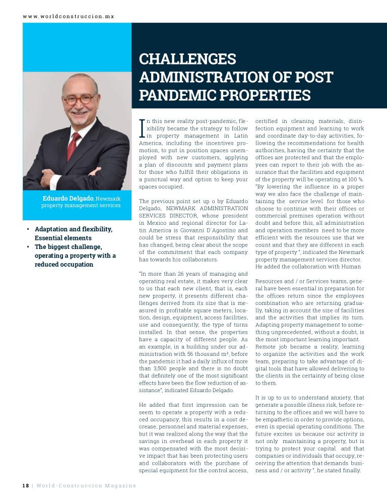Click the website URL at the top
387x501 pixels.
coord(69,16)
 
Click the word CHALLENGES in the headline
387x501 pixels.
coord(187,59)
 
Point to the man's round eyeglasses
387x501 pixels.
coord(79,99)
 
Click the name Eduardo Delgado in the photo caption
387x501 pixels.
coord(68,198)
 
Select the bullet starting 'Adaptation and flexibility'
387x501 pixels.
coord(73,233)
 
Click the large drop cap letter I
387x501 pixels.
coord(142,129)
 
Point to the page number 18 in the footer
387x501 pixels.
coord(25,486)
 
